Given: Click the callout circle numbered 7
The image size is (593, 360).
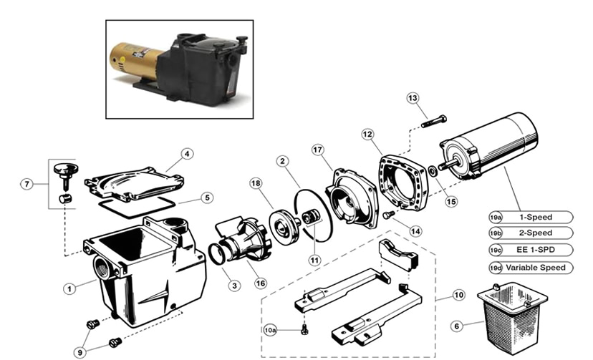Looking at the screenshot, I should tap(27, 184).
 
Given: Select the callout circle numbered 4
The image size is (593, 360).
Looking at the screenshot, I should tap(187, 153).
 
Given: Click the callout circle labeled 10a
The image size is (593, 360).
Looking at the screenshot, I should tap(270, 330).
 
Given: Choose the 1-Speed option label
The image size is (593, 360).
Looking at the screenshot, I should tap(535, 217).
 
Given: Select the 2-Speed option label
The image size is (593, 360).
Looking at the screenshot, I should tap(535, 233).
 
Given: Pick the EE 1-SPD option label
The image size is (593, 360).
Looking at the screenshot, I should tap(535, 250).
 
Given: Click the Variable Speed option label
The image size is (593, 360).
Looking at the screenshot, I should tap(535, 268).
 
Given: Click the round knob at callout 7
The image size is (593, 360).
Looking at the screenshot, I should tap(64, 170).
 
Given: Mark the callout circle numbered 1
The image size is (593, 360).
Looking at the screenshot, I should tap(69, 289).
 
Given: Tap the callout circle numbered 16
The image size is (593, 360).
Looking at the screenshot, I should tap(260, 283).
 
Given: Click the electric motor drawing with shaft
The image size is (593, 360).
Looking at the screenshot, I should tap(494, 150).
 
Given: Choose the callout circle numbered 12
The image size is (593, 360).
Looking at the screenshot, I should tap(367, 134).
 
